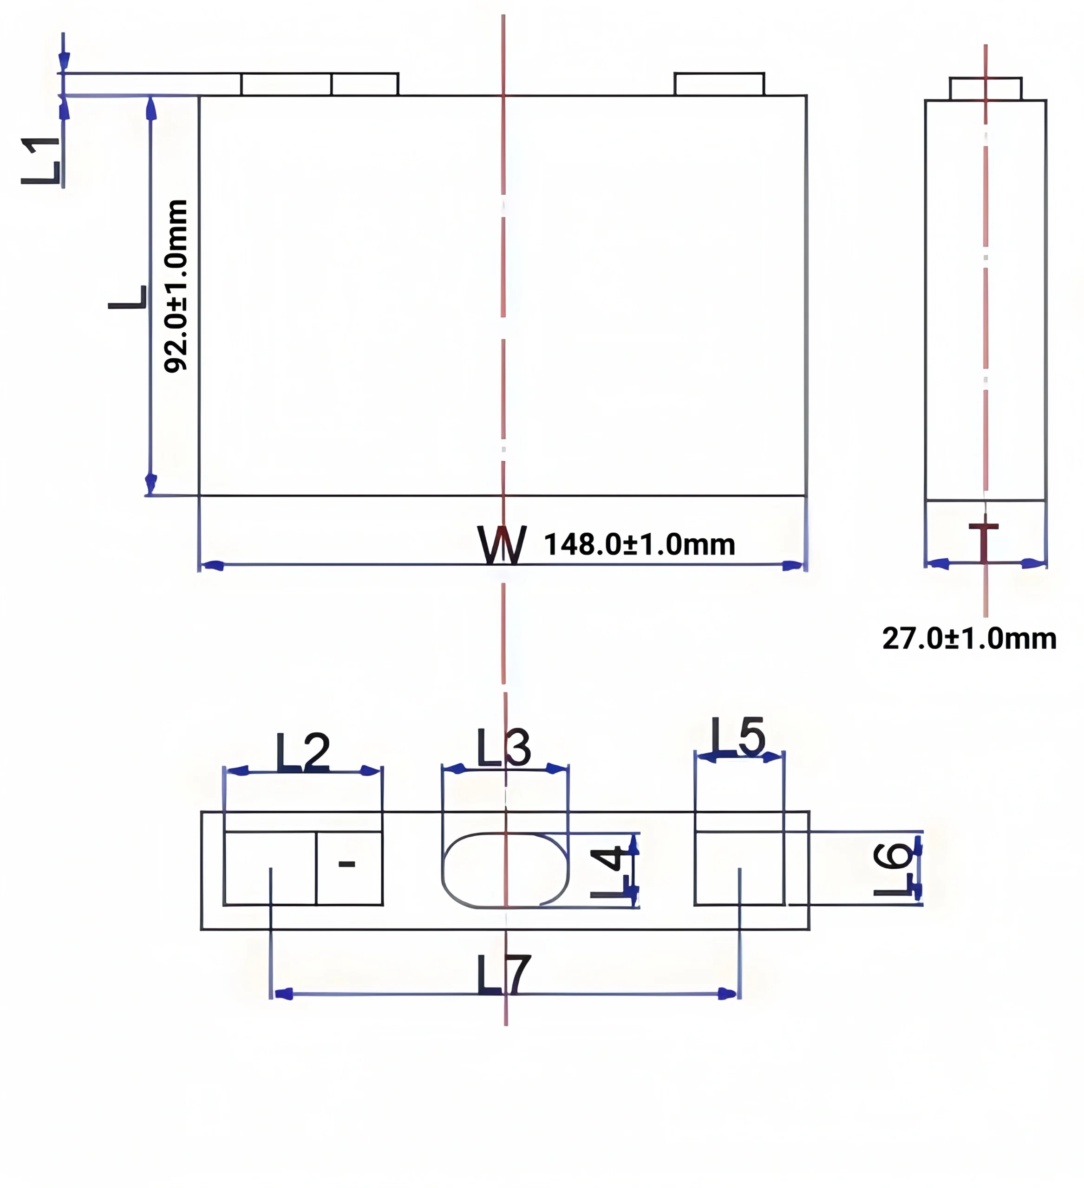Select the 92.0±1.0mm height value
coord(176,286)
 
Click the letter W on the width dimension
coord(502,544)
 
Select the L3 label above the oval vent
coord(503,748)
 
